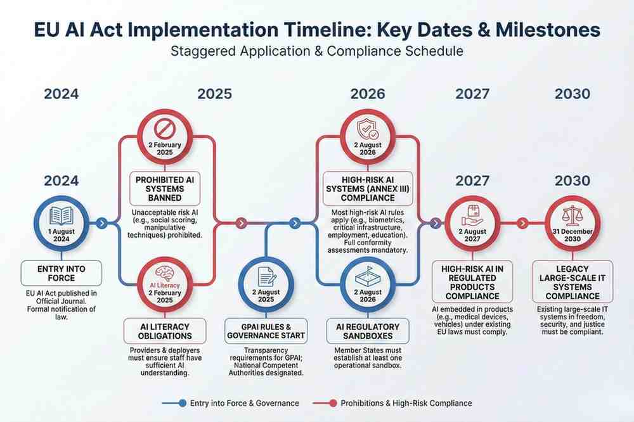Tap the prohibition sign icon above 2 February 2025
(164, 129)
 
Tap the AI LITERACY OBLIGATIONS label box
(164, 331)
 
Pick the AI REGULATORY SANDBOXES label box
(367, 331)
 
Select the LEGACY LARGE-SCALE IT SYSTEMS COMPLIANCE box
(572, 281)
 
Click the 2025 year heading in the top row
(214, 94)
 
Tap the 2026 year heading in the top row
(367, 94)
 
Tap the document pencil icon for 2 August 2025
(266, 275)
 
